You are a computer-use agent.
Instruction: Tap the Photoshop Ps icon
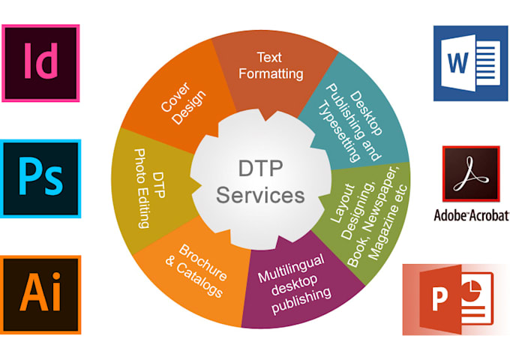pos(40,178)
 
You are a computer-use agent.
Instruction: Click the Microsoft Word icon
pos(470,63)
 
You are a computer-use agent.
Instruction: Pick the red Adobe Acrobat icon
pos(470,174)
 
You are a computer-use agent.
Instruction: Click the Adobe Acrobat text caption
pos(471,216)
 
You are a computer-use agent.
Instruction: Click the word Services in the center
pos(259,195)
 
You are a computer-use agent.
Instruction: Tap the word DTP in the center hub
pos(259,169)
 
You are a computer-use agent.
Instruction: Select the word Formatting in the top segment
pos(278,73)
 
